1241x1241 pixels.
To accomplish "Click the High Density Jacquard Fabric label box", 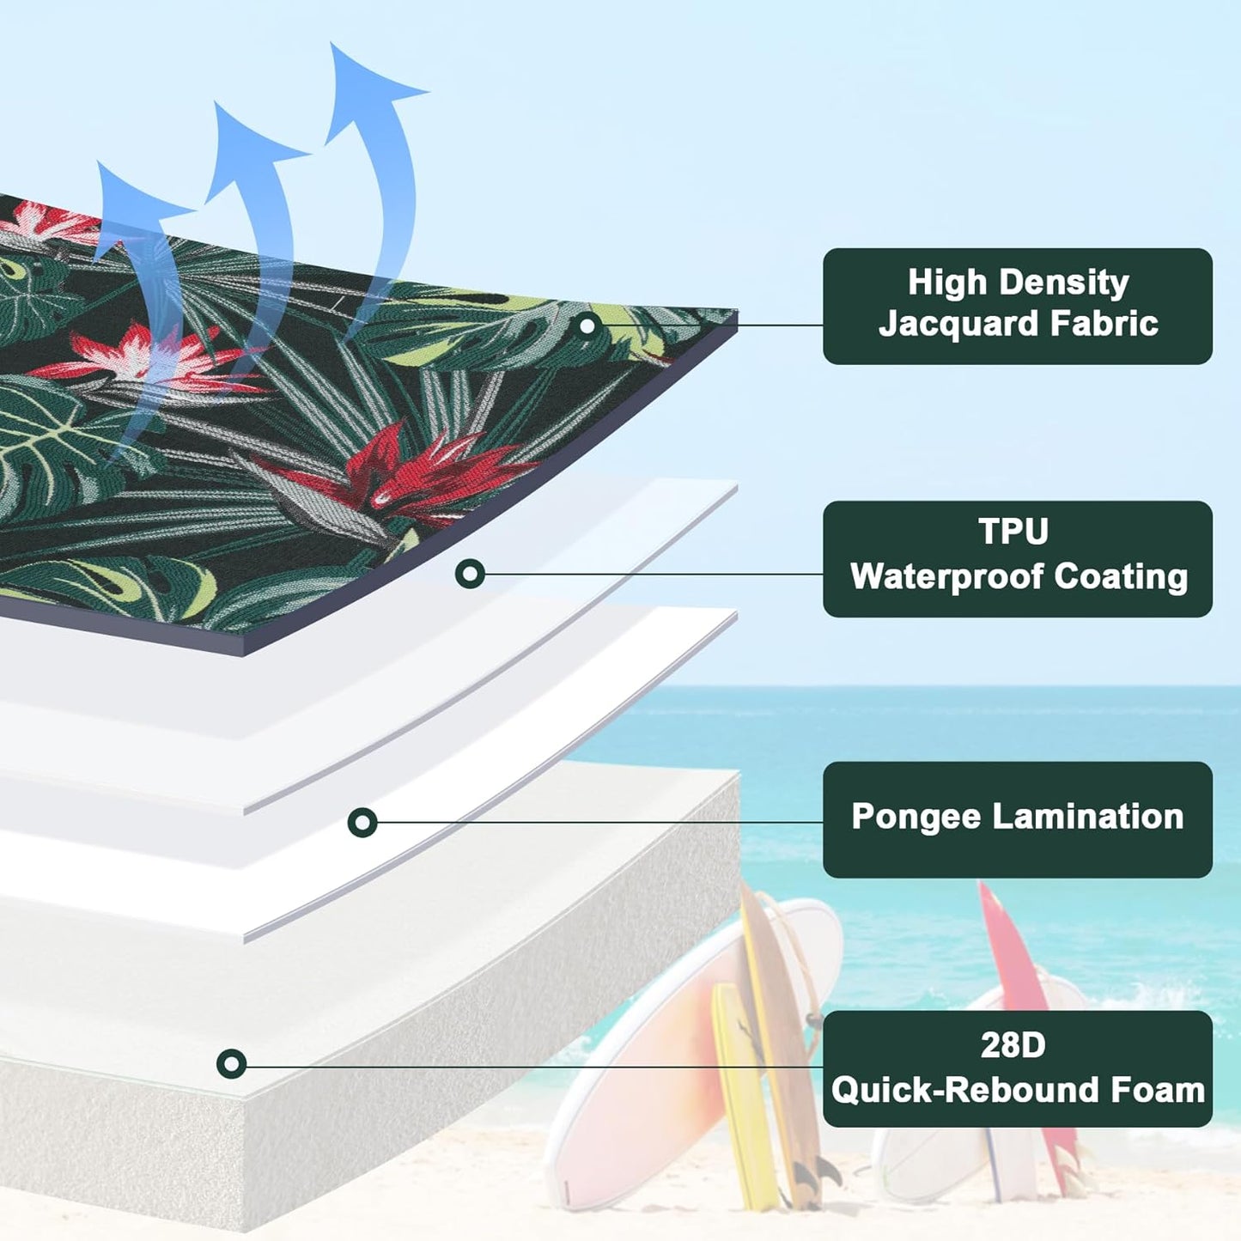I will tap(1017, 306).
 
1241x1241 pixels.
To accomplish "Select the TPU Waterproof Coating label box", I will tap(1017, 558).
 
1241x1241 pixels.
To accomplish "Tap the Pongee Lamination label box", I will tap(1017, 819).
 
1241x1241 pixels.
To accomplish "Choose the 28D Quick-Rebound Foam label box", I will tap(1017, 1068).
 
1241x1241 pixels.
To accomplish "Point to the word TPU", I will tap(1013, 532).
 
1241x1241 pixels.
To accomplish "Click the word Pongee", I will tap(916, 817).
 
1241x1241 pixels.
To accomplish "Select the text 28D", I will tap(1013, 1045).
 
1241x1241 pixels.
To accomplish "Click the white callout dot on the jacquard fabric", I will tap(588, 325).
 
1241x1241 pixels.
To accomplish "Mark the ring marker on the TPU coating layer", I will tap(470, 573).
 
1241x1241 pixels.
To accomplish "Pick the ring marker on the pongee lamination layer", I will tap(362, 822).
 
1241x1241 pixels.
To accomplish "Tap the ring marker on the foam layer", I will tap(231, 1064).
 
